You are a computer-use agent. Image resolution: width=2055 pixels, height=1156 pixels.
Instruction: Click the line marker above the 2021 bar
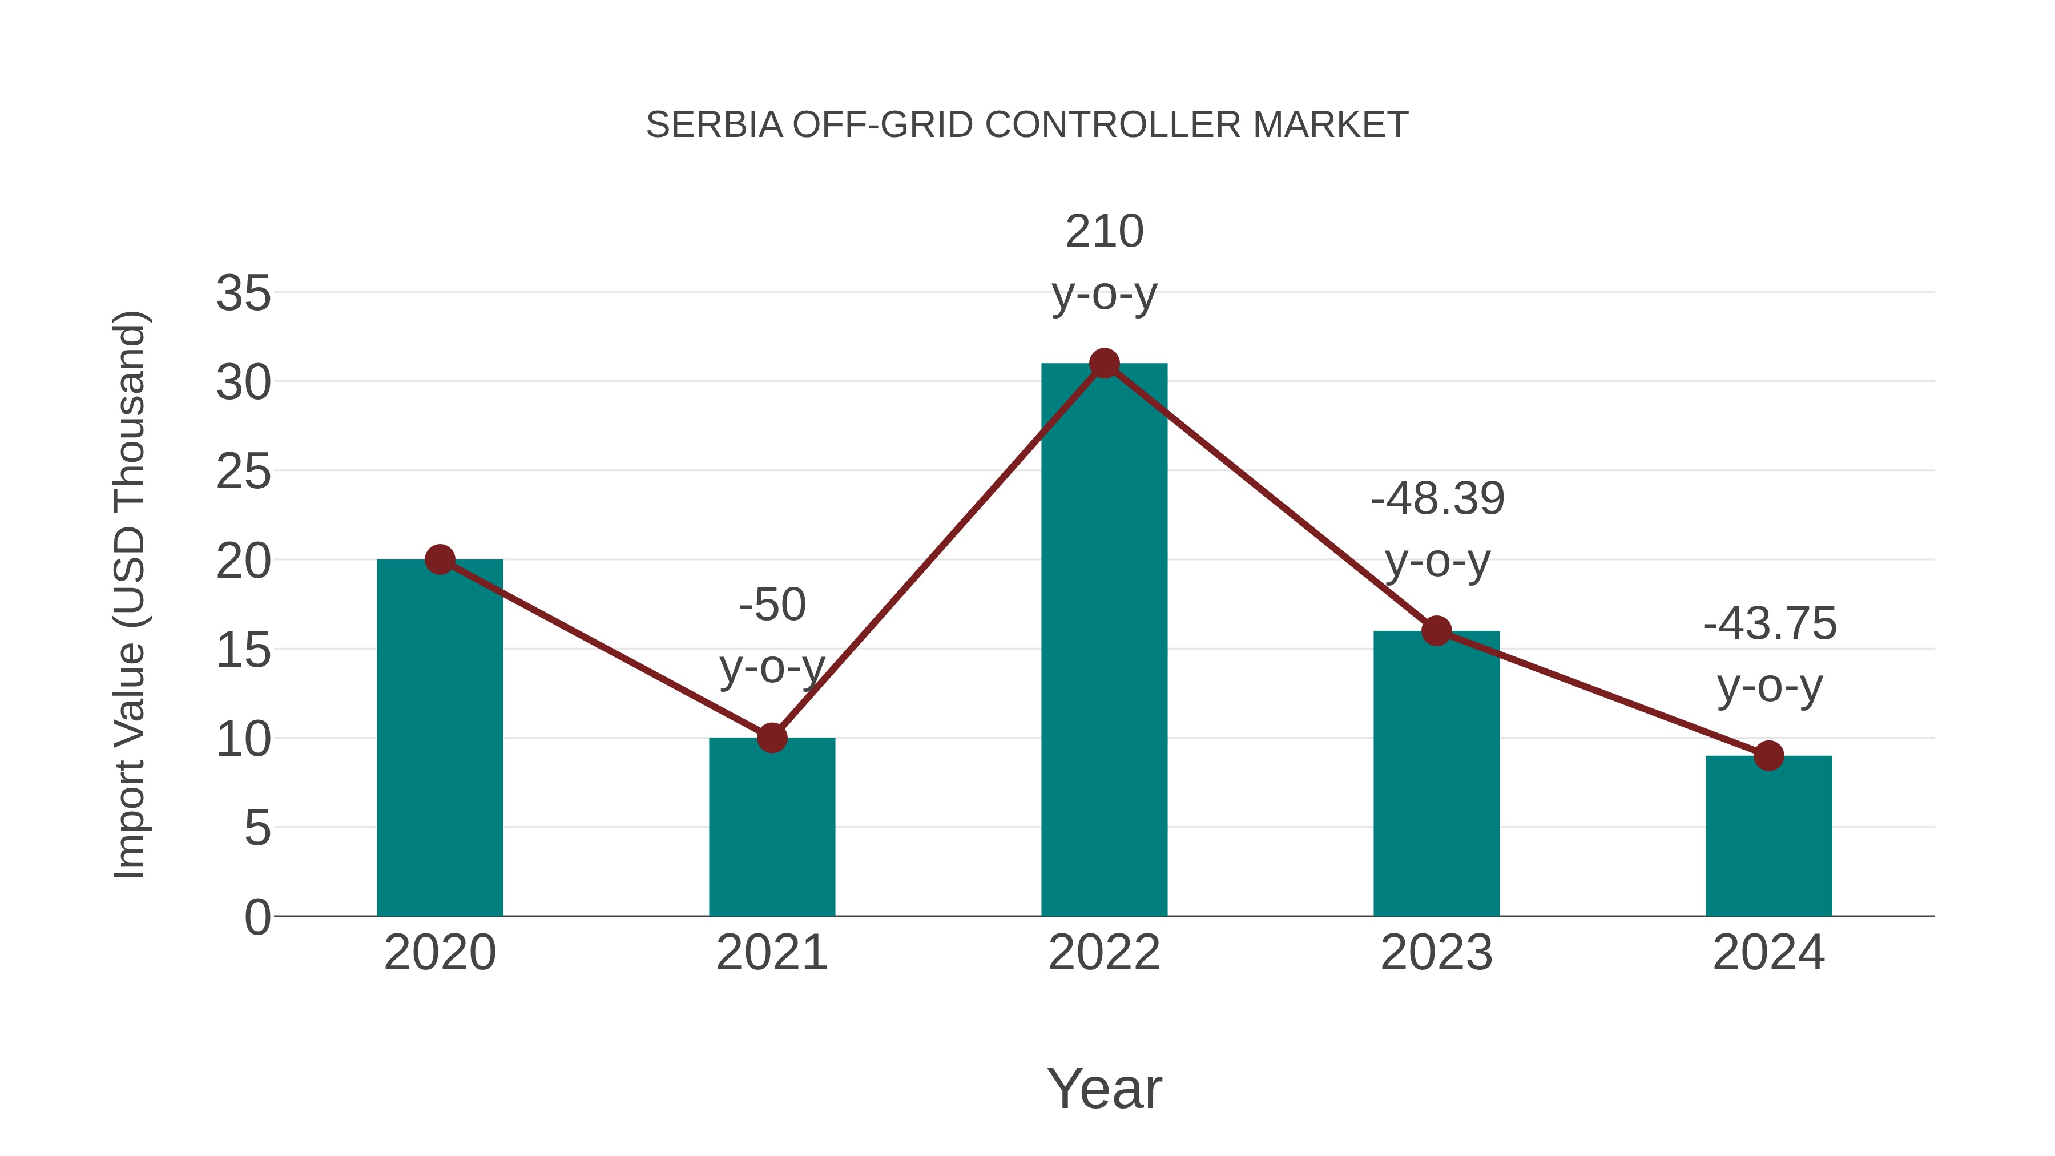click(x=772, y=738)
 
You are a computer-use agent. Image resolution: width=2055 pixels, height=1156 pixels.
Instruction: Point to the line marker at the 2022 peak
click(x=1104, y=364)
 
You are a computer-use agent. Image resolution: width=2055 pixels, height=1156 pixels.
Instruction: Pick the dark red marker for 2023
click(x=1437, y=631)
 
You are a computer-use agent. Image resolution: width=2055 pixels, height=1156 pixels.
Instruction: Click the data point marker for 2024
click(x=1768, y=755)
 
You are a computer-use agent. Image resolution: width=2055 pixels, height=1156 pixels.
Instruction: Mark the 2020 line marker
click(x=440, y=559)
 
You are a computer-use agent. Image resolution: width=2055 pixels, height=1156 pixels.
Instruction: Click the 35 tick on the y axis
click(x=243, y=293)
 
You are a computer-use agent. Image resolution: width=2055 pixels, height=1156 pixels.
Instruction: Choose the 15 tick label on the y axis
click(x=243, y=650)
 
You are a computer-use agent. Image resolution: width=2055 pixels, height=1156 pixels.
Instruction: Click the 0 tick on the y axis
click(x=257, y=917)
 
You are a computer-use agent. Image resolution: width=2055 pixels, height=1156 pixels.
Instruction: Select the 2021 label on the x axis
click(x=772, y=953)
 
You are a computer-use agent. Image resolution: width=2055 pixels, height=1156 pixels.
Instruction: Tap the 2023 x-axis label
click(x=1437, y=953)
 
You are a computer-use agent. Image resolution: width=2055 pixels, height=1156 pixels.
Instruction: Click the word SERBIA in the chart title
click(x=714, y=125)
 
